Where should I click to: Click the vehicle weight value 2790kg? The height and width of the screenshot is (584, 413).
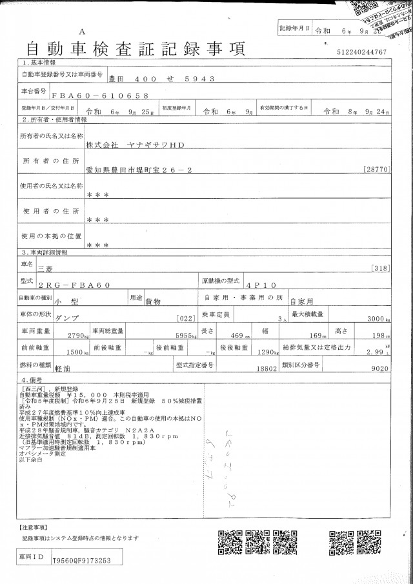point(80,336)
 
